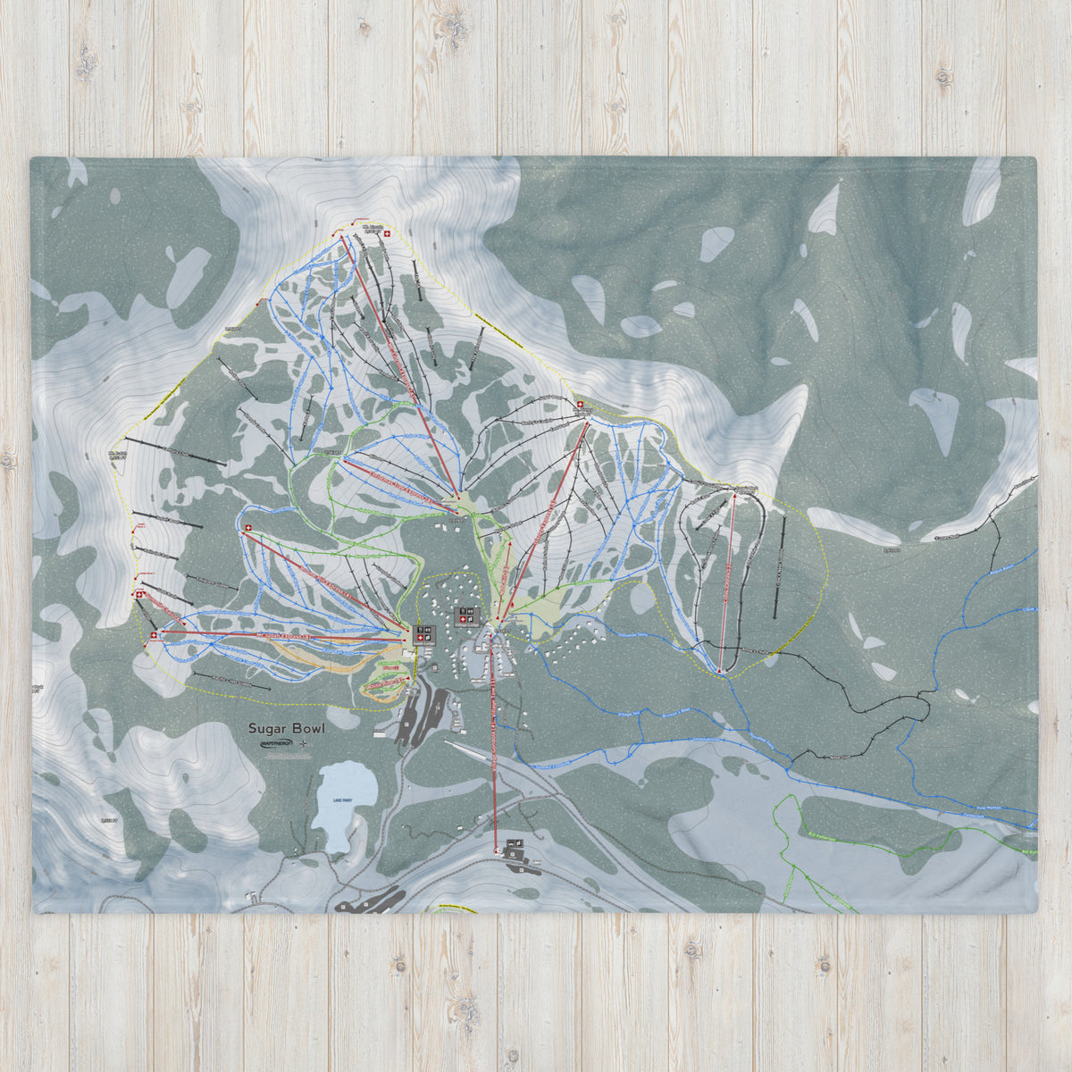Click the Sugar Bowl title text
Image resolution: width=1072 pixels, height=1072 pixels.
(x=288, y=728)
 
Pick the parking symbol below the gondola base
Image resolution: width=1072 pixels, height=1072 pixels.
(x=515, y=845)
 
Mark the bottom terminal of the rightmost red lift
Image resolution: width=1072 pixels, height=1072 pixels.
(x=720, y=671)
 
